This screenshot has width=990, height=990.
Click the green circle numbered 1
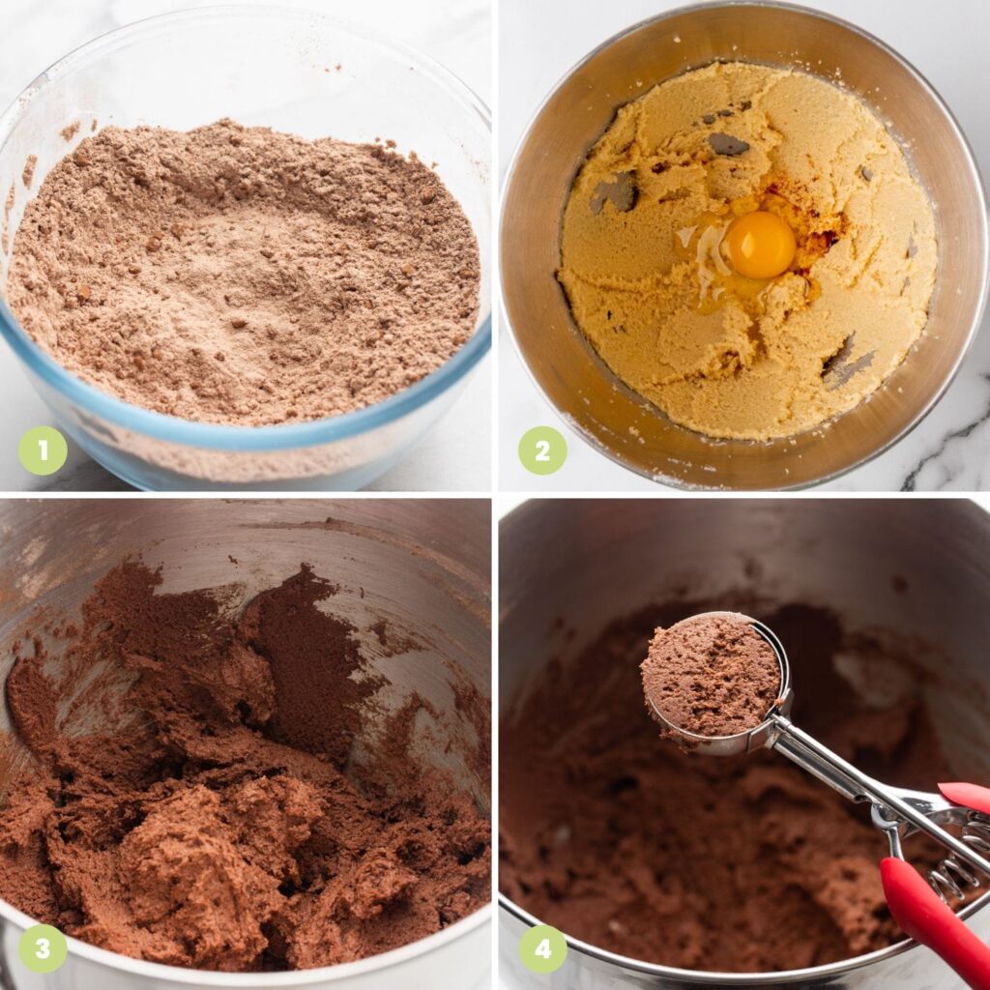click(x=43, y=451)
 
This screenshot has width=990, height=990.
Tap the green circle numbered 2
click(x=542, y=451)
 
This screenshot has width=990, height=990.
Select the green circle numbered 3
click(x=43, y=948)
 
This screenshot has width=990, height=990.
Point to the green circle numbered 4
click(x=542, y=948)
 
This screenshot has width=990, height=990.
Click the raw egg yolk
click(x=761, y=245)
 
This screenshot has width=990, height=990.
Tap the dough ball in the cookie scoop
click(x=711, y=677)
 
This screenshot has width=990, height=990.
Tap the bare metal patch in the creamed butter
click(x=728, y=145)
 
